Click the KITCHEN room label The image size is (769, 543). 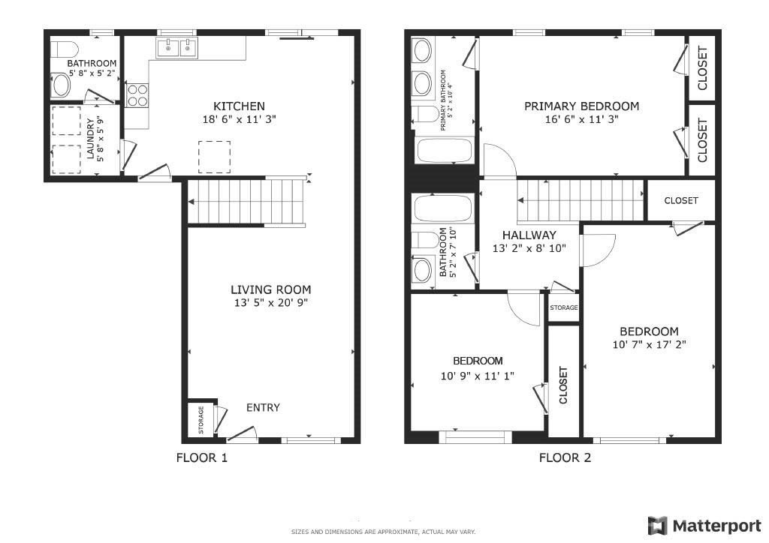pyautogui.click(x=239, y=106)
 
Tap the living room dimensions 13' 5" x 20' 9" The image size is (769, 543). pyautogui.click(x=270, y=303)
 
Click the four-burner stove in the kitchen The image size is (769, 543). pyautogui.click(x=137, y=95)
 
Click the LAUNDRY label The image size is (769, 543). pyautogui.click(x=91, y=139)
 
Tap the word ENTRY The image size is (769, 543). pyautogui.click(x=263, y=407)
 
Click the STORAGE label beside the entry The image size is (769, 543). pyautogui.click(x=201, y=421)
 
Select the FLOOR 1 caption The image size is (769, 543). pyautogui.click(x=201, y=457)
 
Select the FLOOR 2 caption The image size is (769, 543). pyautogui.click(x=565, y=457)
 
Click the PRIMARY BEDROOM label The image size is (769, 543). pyautogui.click(x=581, y=106)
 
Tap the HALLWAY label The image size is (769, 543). pyautogui.click(x=529, y=235)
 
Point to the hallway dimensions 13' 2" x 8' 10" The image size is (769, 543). pyautogui.click(x=529, y=248)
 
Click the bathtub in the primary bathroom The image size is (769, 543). pyautogui.click(x=444, y=150)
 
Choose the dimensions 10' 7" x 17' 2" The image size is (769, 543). pyautogui.click(x=649, y=345)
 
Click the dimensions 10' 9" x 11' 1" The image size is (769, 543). pyautogui.click(x=478, y=376)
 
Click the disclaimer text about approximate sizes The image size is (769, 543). pyautogui.click(x=383, y=532)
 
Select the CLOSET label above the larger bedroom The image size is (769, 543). pyautogui.click(x=681, y=200)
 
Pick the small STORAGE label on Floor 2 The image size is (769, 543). pyautogui.click(x=564, y=307)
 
